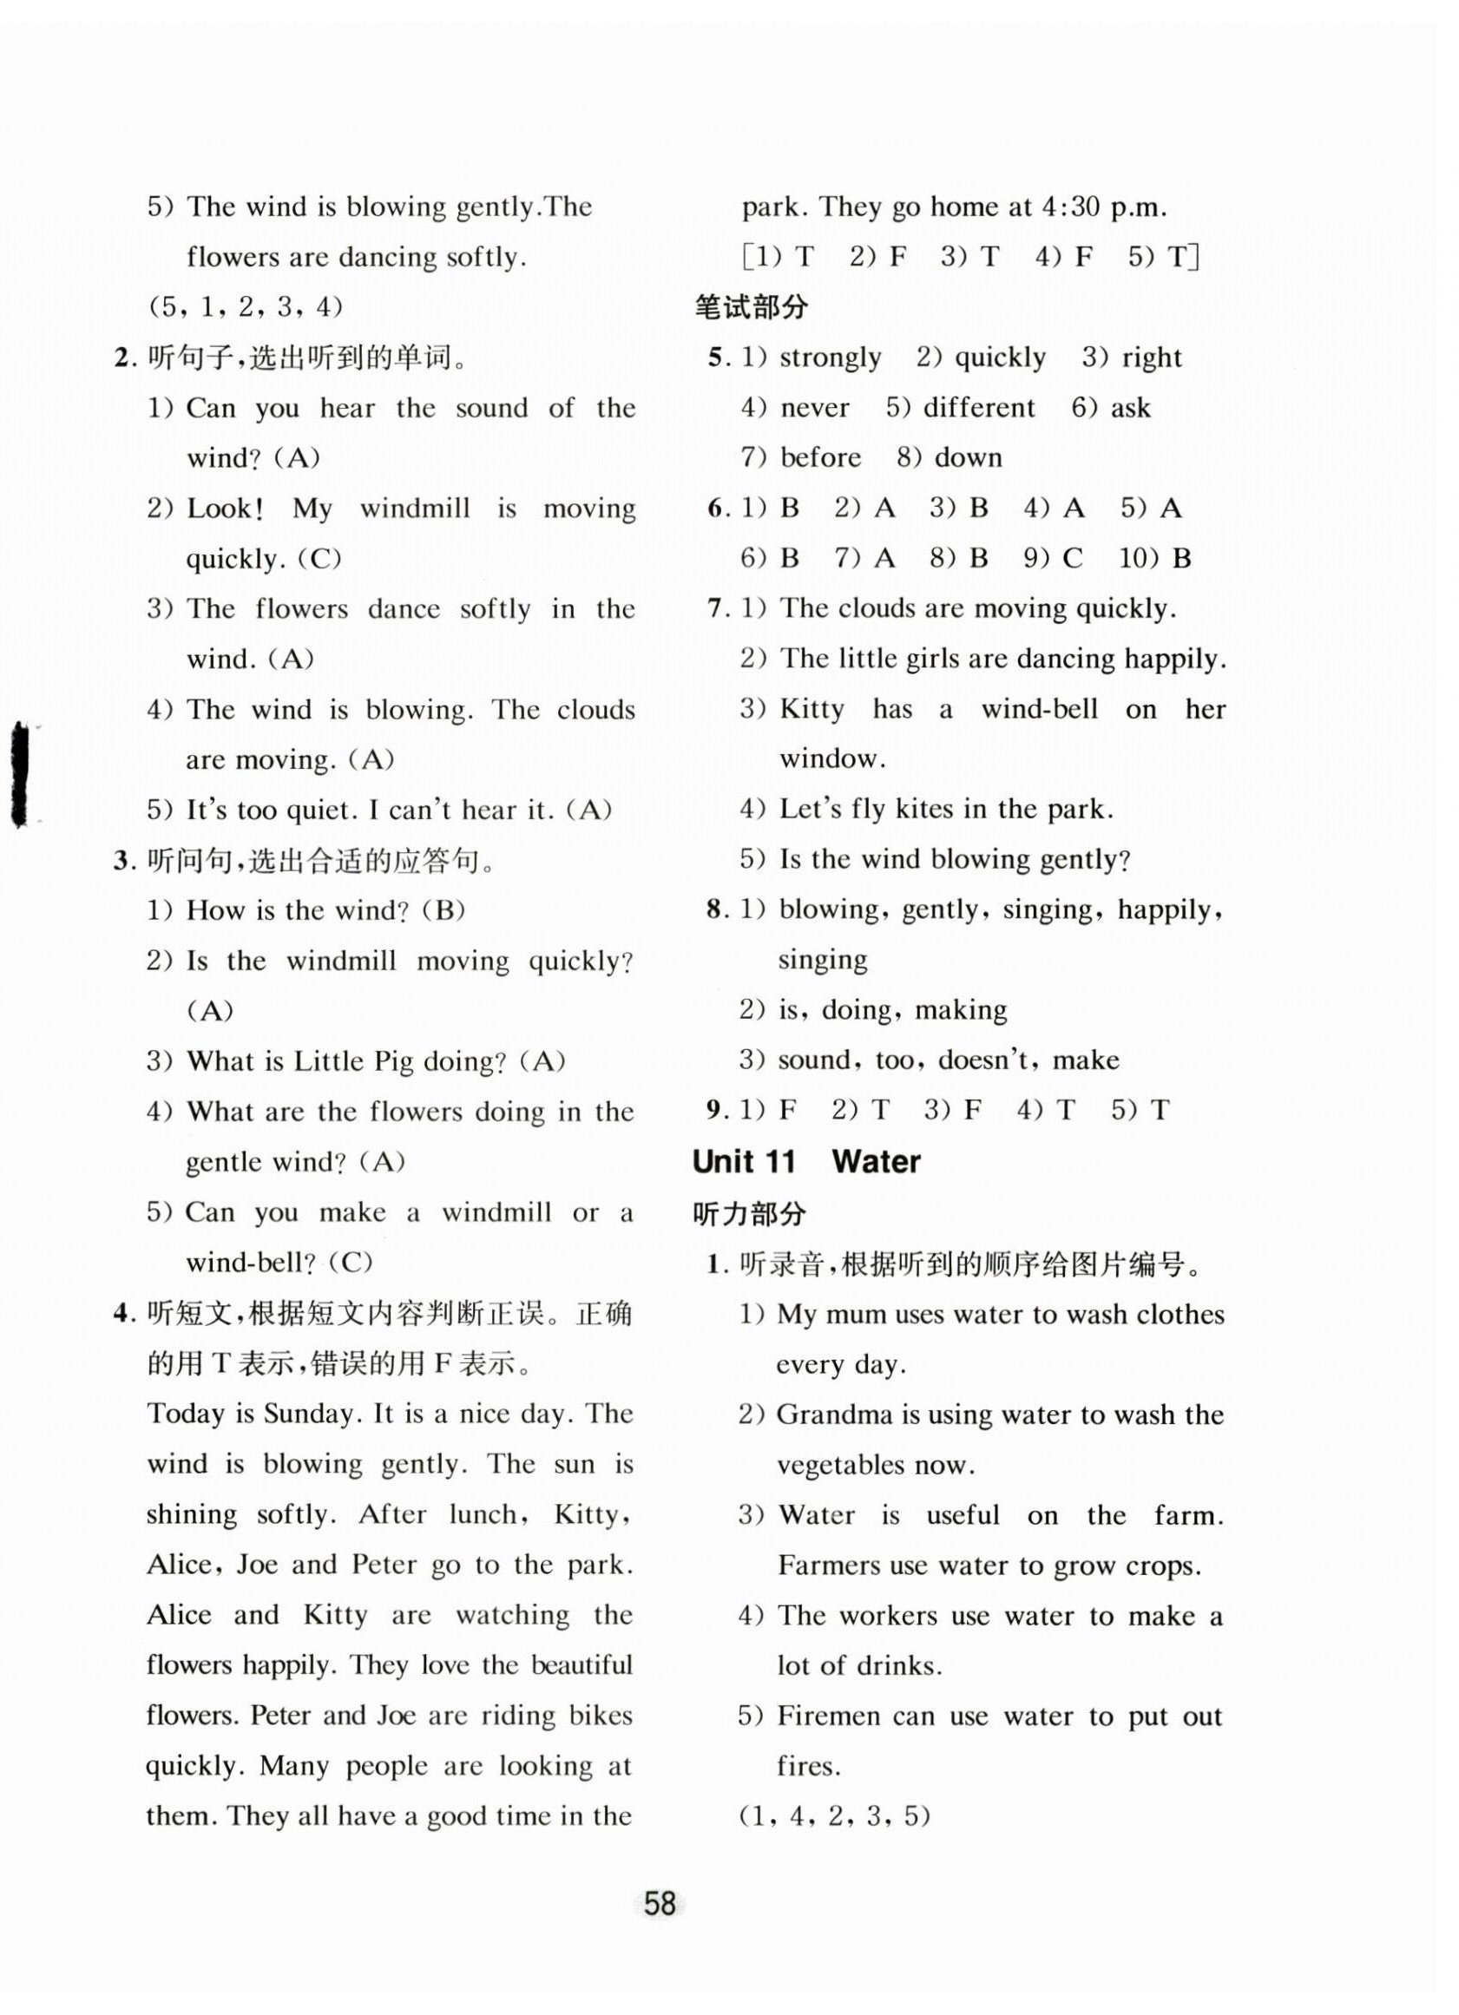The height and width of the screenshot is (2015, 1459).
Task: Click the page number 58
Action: (x=660, y=1903)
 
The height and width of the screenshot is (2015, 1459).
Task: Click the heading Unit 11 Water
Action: (x=806, y=1161)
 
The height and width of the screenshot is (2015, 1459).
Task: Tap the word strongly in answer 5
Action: (x=830, y=358)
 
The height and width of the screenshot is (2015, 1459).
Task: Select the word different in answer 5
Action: (x=978, y=408)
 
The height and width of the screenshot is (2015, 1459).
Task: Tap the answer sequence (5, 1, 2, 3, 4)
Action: (x=246, y=307)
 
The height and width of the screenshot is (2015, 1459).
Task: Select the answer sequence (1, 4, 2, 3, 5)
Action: (x=834, y=1815)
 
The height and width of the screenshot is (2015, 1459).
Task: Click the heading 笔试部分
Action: (x=751, y=307)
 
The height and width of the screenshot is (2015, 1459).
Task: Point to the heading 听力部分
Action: (x=750, y=1213)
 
